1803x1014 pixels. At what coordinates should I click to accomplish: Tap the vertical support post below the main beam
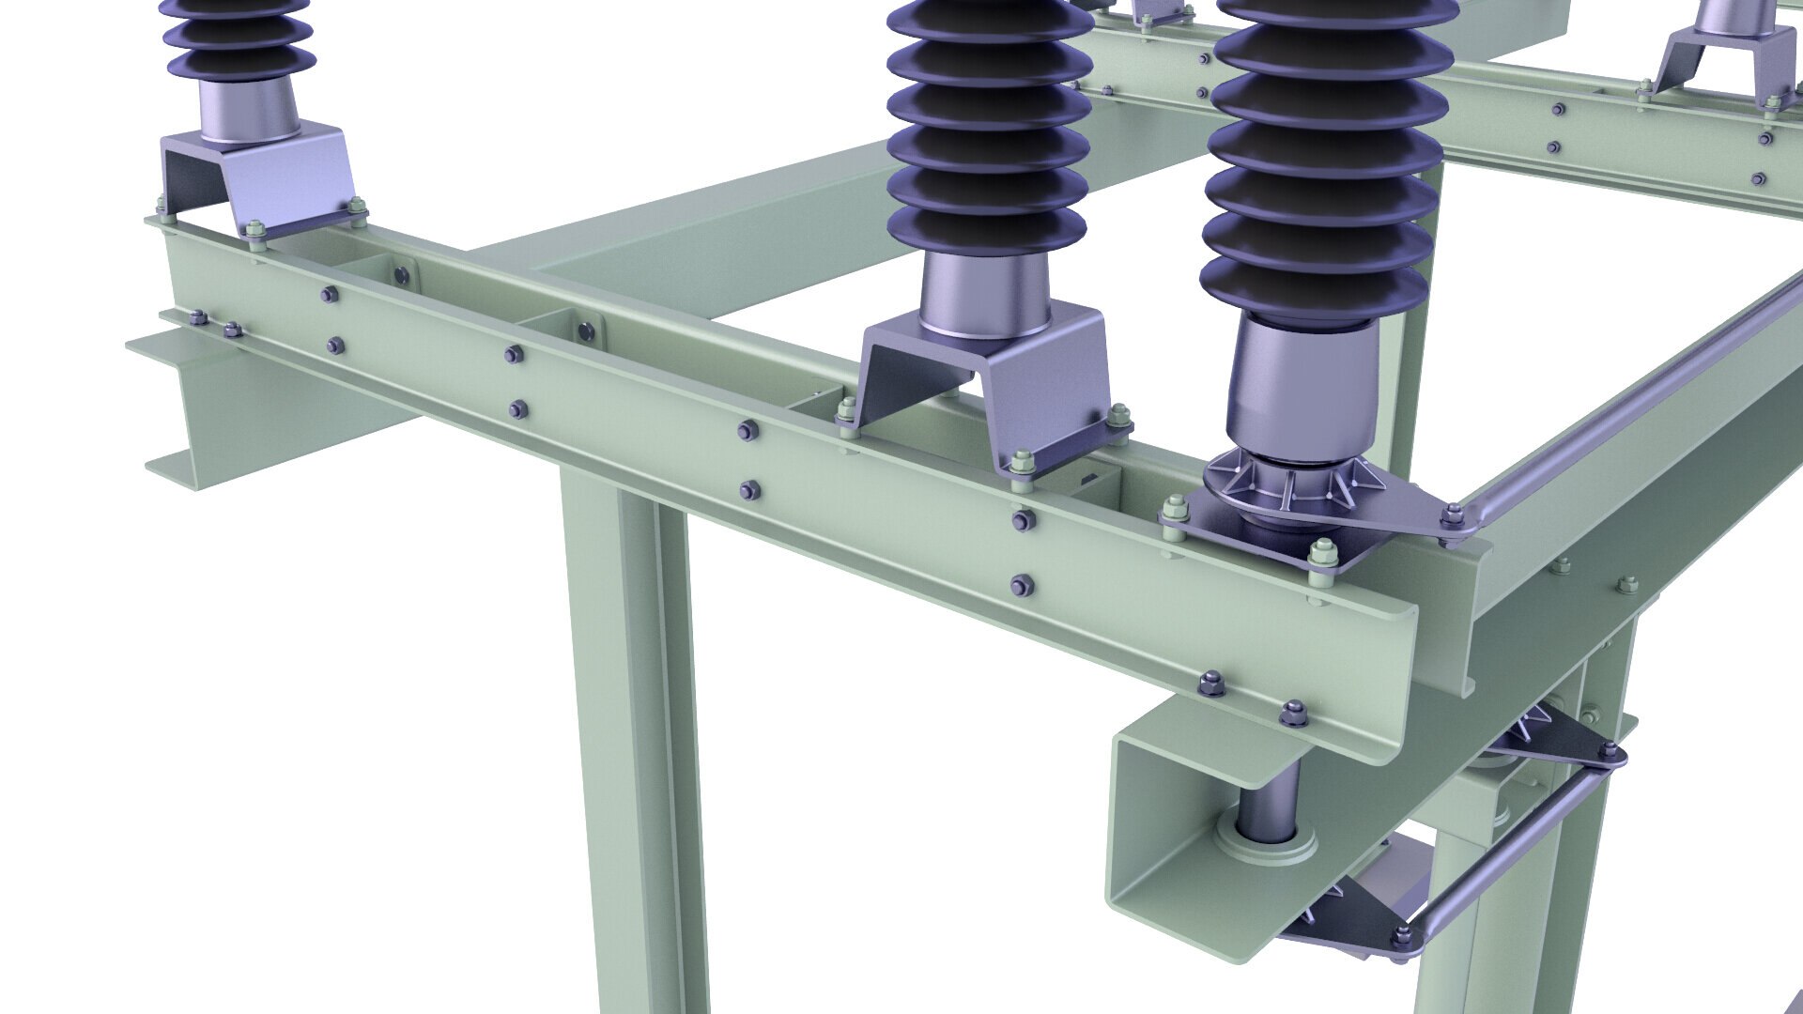[624, 732]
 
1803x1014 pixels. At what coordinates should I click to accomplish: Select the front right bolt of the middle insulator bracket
[1024, 463]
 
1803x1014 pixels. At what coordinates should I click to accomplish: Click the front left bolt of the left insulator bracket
[254, 228]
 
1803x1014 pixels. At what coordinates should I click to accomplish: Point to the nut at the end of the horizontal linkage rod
[1402, 935]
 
